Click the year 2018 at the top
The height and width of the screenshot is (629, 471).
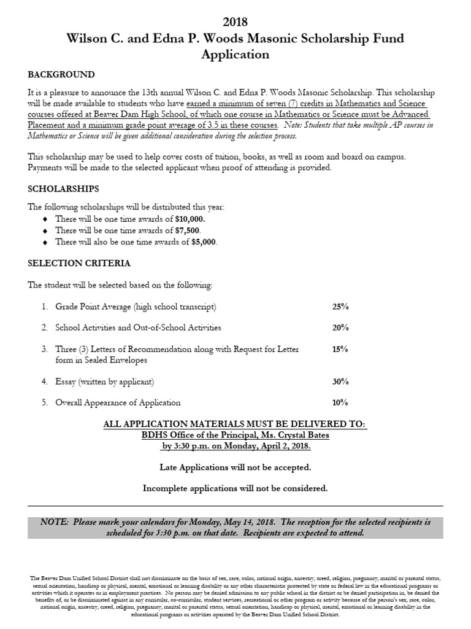click(x=235, y=22)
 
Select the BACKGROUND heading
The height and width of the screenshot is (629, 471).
click(x=61, y=75)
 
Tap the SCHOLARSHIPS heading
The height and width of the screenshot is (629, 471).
click(x=64, y=188)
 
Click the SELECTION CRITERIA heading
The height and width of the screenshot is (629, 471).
click(x=79, y=263)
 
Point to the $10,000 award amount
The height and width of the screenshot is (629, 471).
click(x=190, y=219)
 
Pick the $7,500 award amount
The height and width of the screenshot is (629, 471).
click(x=186, y=230)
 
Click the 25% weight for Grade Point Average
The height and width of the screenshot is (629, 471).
click(x=340, y=307)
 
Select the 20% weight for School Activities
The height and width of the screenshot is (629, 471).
click(x=340, y=328)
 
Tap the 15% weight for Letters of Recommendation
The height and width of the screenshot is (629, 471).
click(x=340, y=350)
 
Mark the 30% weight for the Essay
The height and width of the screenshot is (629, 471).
click(x=340, y=381)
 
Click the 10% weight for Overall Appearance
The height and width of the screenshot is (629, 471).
click(x=340, y=403)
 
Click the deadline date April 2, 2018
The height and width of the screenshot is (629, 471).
click(x=285, y=446)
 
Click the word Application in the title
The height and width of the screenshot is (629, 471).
click(x=235, y=54)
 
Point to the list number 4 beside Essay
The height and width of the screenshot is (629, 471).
click(x=44, y=381)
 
